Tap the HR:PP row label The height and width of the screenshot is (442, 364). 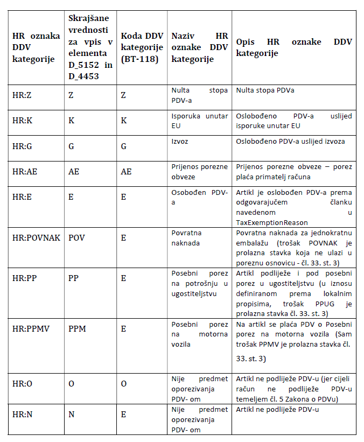click(22, 278)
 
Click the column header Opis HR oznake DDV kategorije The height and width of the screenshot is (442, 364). click(293, 47)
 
